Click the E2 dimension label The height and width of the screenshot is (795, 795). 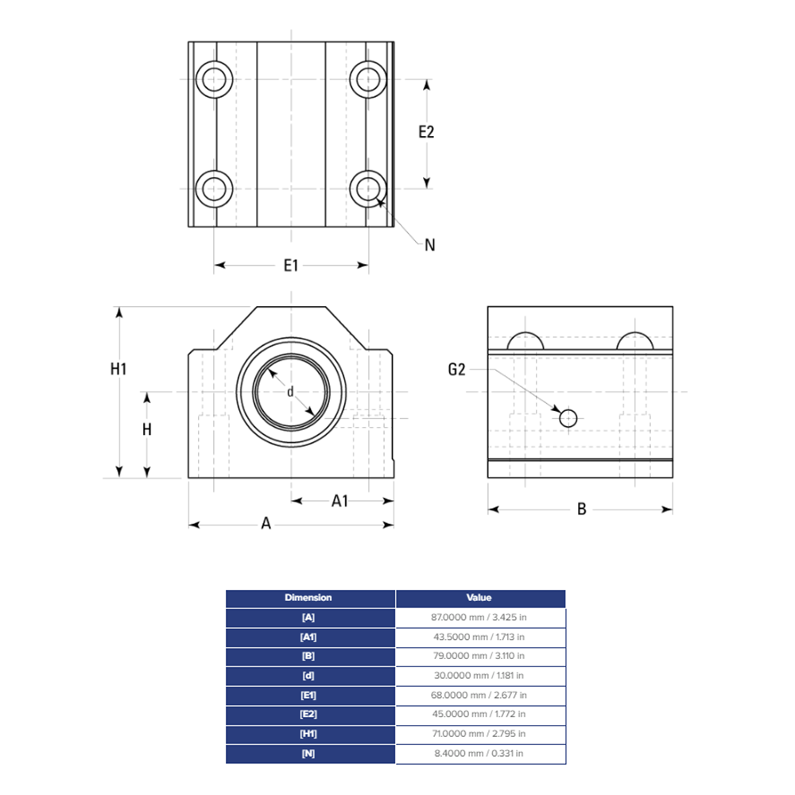427,132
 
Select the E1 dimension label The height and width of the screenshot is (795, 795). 291,265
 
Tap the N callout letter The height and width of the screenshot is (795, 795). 430,245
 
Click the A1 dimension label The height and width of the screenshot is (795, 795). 340,500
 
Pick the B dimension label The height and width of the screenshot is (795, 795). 581,509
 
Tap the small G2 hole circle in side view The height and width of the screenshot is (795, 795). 568,418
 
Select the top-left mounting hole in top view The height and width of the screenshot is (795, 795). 215,79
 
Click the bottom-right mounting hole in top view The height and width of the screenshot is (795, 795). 368,188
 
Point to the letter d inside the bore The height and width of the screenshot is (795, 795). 290,391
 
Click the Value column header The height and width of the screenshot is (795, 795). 479,598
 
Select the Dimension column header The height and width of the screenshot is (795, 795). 309,598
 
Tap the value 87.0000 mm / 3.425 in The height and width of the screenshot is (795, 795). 479,618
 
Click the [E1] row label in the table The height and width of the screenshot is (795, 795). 309,695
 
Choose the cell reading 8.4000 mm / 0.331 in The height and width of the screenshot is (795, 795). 479,753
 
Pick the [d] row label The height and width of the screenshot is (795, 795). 309,676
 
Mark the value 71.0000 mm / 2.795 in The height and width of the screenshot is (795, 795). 479,734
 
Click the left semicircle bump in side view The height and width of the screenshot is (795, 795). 525,341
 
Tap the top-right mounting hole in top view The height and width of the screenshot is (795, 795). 368,79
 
